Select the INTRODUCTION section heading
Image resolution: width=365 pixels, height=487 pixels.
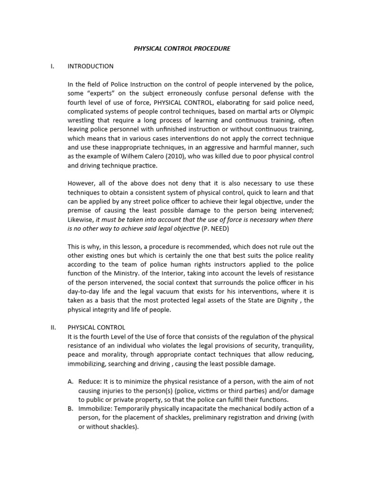pos(91,66)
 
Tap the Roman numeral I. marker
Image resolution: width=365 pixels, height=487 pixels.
pos(52,66)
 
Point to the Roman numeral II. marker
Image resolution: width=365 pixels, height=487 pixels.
pos(53,327)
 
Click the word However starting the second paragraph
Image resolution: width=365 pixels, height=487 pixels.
pos(82,184)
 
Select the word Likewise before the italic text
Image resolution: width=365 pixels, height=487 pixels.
pos(81,220)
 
